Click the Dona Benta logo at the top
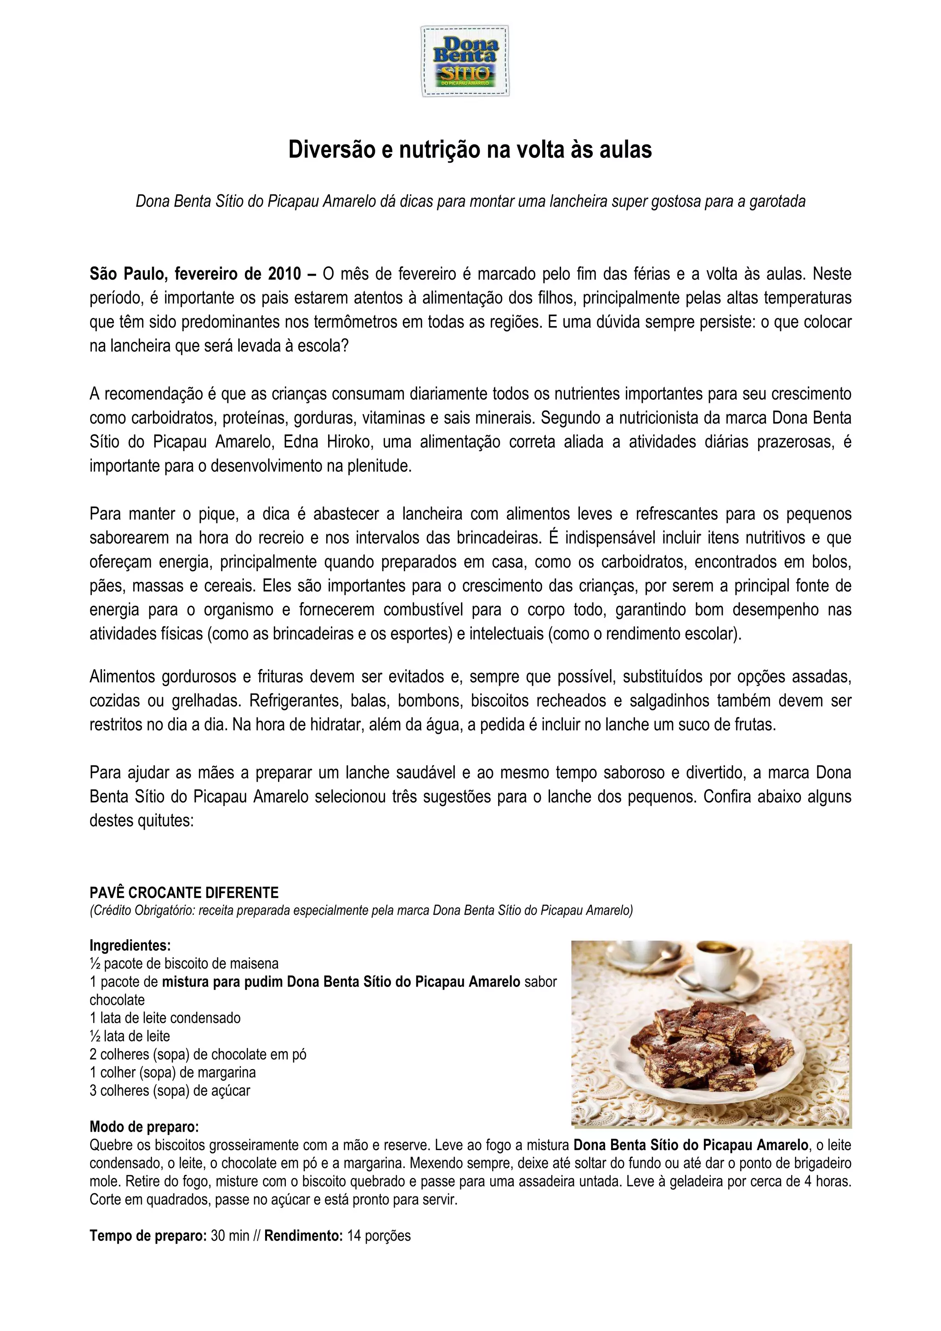pos(465,61)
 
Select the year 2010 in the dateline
pos(285,274)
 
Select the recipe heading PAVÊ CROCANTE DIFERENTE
pos(184,893)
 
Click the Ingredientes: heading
pos(130,946)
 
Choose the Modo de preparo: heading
pos(144,1127)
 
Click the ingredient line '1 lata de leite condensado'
pos(164,1018)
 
